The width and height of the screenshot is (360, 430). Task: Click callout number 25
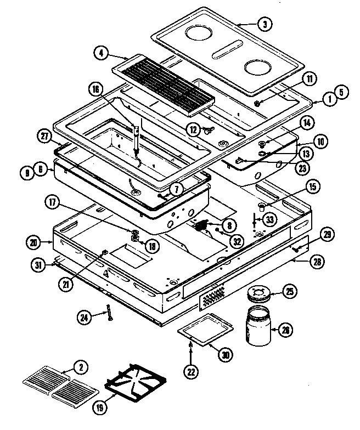point(288,291)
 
